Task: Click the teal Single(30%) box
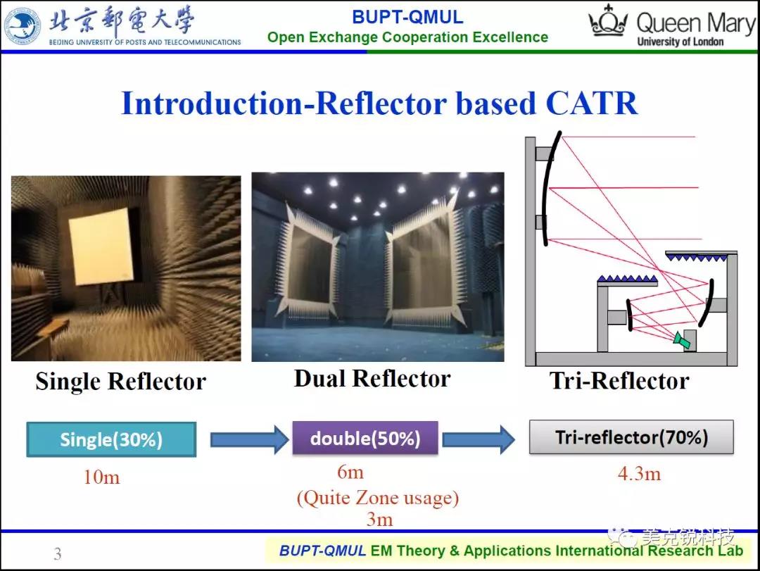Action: (111, 439)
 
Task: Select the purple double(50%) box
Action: (365, 438)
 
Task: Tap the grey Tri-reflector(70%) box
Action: (631, 437)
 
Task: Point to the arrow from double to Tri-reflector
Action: (479, 439)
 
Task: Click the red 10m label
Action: (101, 477)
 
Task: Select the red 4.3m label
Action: (639, 474)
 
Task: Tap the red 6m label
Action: (350, 472)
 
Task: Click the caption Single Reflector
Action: (121, 382)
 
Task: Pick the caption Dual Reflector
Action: (372, 378)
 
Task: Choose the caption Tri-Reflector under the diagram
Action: (619, 380)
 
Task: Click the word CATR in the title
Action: (591, 103)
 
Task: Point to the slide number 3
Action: (58, 553)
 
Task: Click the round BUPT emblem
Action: (22, 26)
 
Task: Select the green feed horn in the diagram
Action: (682, 339)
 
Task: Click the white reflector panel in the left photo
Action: (101, 246)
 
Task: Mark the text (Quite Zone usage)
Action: (378, 498)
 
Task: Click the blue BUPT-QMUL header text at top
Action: (407, 17)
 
